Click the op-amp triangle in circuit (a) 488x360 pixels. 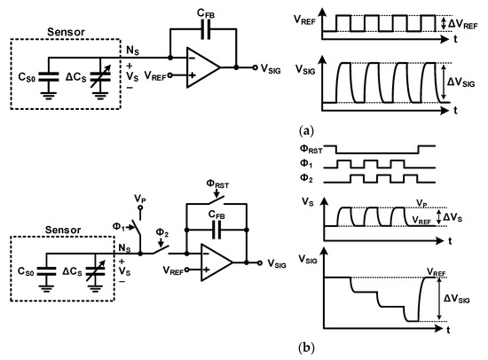pos(206,66)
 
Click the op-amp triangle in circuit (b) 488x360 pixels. pos(216,262)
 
